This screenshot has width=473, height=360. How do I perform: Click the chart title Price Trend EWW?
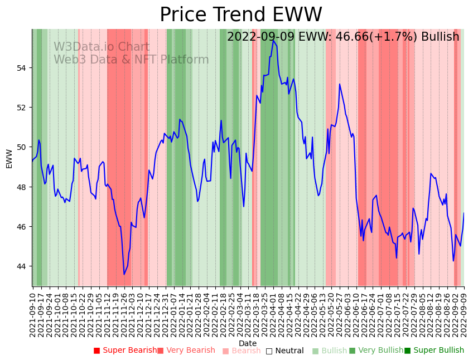point(240,15)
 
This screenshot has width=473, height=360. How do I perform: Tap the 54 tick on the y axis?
point(22,68)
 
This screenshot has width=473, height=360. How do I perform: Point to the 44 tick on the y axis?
point(22,266)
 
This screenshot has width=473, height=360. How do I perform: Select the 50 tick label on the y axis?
point(22,147)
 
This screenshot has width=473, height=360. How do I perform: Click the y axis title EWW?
point(9,158)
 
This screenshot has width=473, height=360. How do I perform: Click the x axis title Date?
point(248,343)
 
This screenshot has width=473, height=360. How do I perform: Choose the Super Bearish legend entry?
point(126,351)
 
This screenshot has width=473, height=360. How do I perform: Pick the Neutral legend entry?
point(284,351)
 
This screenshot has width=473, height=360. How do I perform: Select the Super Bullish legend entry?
point(434,351)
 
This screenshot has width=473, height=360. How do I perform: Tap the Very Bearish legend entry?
point(186,351)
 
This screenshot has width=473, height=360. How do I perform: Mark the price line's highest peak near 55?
point(273,40)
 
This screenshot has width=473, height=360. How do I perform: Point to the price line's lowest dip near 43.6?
point(124,274)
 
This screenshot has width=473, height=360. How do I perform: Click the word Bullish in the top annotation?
point(440,37)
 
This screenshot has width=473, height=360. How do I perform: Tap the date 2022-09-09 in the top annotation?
point(260,37)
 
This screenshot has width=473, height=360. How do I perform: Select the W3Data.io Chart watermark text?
point(102,47)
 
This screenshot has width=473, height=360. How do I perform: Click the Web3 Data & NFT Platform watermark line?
point(131,60)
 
